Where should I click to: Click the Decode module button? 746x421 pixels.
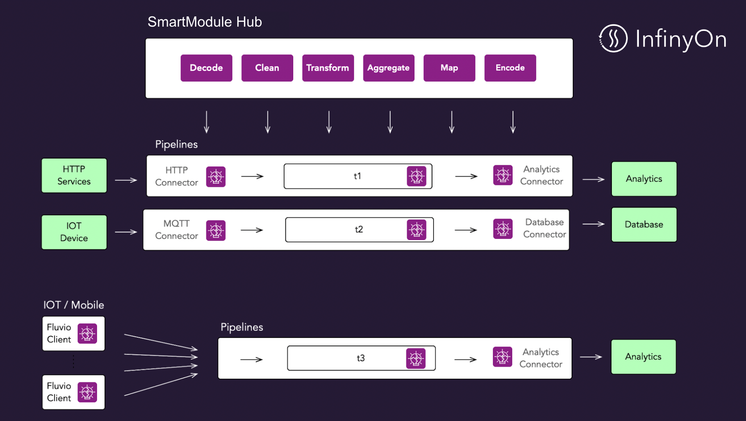pos(206,68)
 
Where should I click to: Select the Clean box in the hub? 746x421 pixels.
pos(267,68)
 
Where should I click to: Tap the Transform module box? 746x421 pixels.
pos(328,68)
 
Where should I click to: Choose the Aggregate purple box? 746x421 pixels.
pos(388,68)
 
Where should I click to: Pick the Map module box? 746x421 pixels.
pos(449,68)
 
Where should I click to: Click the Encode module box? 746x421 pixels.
pos(510,68)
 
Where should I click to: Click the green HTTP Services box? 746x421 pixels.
pos(74,175)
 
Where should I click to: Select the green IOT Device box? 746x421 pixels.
pos(74,232)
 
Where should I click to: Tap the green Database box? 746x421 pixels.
pos(644,224)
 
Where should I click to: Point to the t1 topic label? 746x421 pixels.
pos(357,176)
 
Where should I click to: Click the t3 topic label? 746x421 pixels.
pos(360,358)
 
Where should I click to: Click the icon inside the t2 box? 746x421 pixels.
pos(416,230)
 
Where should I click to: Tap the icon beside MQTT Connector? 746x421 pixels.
pos(216,230)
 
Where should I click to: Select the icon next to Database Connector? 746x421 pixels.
pos(502,229)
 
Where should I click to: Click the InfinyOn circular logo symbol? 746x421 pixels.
pos(613,38)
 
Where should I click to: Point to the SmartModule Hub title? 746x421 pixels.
pos(204,22)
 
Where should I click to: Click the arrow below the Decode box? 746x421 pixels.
pos(206,122)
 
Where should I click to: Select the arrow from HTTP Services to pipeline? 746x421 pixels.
pos(126,180)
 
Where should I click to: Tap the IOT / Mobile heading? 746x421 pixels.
pos(74,305)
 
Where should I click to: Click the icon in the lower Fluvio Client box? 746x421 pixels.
pos(87,392)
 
